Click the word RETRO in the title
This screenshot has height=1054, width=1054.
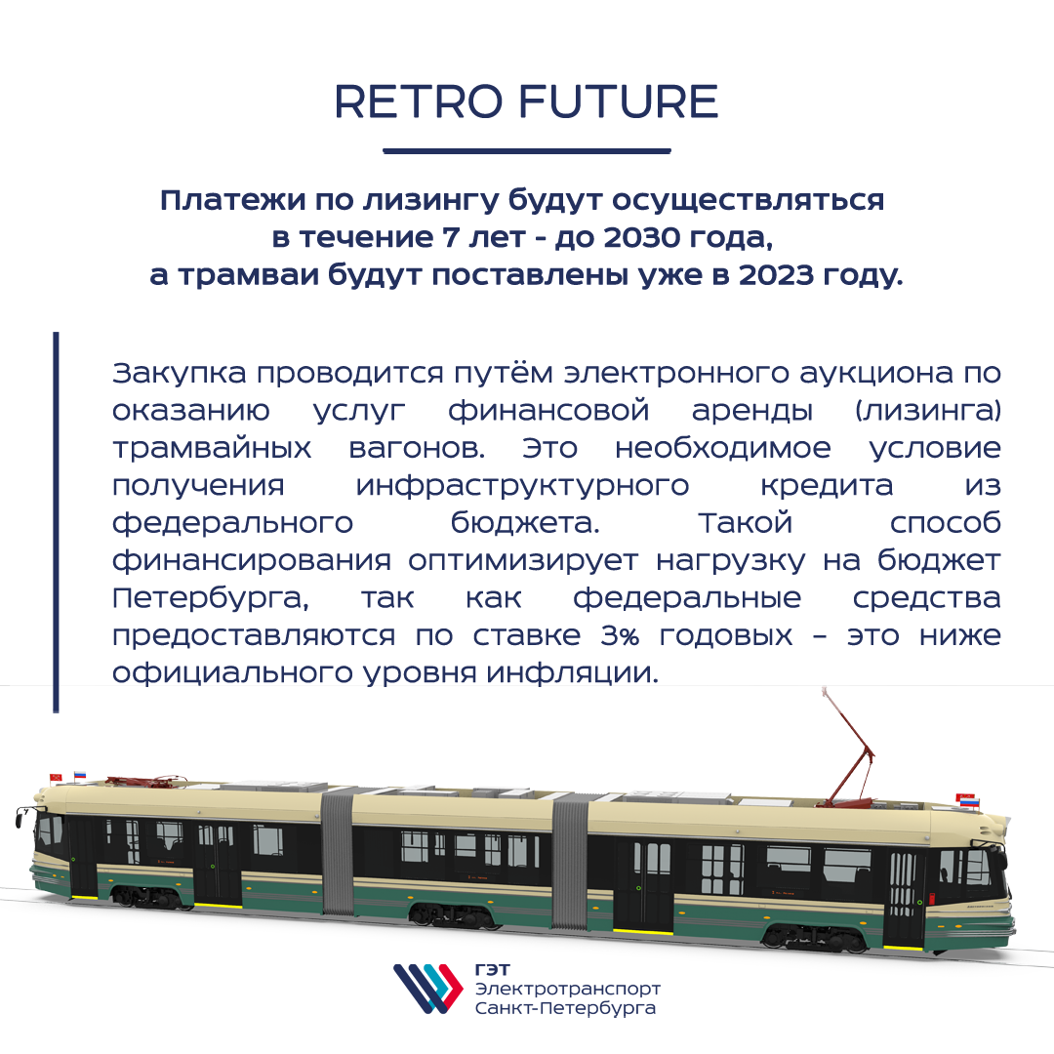tap(418, 102)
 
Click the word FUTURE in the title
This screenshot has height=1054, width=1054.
tap(619, 102)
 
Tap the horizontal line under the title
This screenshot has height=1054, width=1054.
tap(527, 150)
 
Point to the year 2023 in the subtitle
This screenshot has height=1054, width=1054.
tap(776, 275)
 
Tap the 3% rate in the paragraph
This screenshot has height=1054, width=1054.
tap(620, 635)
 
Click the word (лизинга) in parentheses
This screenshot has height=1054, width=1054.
tap(928, 411)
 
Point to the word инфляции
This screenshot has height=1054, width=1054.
tap(572, 673)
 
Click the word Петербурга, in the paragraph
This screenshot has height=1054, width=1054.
tap(211, 598)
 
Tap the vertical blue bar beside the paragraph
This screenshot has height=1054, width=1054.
tap(56, 521)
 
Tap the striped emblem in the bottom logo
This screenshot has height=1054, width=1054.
tap(428, 988)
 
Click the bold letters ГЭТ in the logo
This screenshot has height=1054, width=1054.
tap(492, 970)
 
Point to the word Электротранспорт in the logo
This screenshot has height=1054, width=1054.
tap(567, 990)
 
